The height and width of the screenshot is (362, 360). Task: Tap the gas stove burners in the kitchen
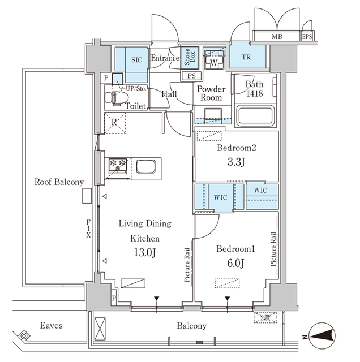click(x=119, y=166)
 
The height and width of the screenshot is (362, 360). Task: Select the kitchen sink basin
click(x=145, y=167)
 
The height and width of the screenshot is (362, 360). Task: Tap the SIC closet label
click(x=136, y=59)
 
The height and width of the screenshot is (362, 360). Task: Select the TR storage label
click(x=247, y=58)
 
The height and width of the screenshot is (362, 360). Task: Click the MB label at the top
click(x=277, y=37)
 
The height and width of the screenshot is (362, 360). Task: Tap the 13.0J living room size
click(x=143, y=253)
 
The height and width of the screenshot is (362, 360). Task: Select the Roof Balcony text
click(x=59, y=182)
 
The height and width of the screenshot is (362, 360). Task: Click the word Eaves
click(x=51, y=326)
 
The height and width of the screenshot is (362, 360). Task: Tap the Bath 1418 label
click(x=254, y=89)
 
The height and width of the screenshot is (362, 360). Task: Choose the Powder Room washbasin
click(x=213, y=115)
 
